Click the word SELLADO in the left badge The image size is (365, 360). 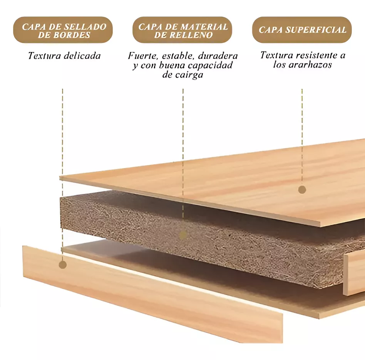tap(85, 27)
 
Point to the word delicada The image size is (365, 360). tap(82, 56)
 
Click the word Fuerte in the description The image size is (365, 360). tap(142, 56)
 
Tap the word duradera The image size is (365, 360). tap(218, 56)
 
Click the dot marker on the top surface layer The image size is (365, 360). tap(302, 190)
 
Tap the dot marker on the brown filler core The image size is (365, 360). tap(183, 235)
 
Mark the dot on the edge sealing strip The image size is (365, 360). tap(63, 265)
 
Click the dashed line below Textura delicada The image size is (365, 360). tap(62, 175)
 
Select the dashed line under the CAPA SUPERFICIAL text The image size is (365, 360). tap(302, 137)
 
